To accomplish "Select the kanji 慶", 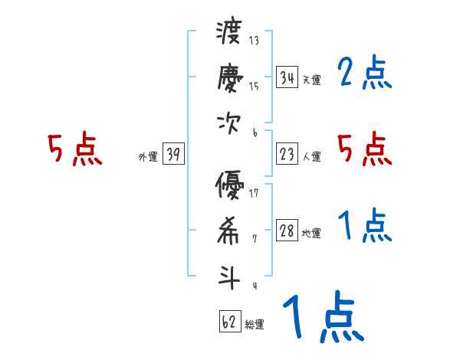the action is [x=229, y=79].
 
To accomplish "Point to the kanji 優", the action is [x=229, y=186].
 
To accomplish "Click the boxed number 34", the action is [x=287, y=77].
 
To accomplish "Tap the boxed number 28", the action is [x=287, y=231].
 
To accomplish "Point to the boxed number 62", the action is [x=228, y=322].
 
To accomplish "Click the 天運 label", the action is [x=311, y=80].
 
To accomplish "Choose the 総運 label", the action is [x=255, y=325].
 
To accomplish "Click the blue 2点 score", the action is [x=365, y=74].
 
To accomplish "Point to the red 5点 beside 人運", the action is [x=365, y=149].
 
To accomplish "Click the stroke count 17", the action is [x=254, y=192].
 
